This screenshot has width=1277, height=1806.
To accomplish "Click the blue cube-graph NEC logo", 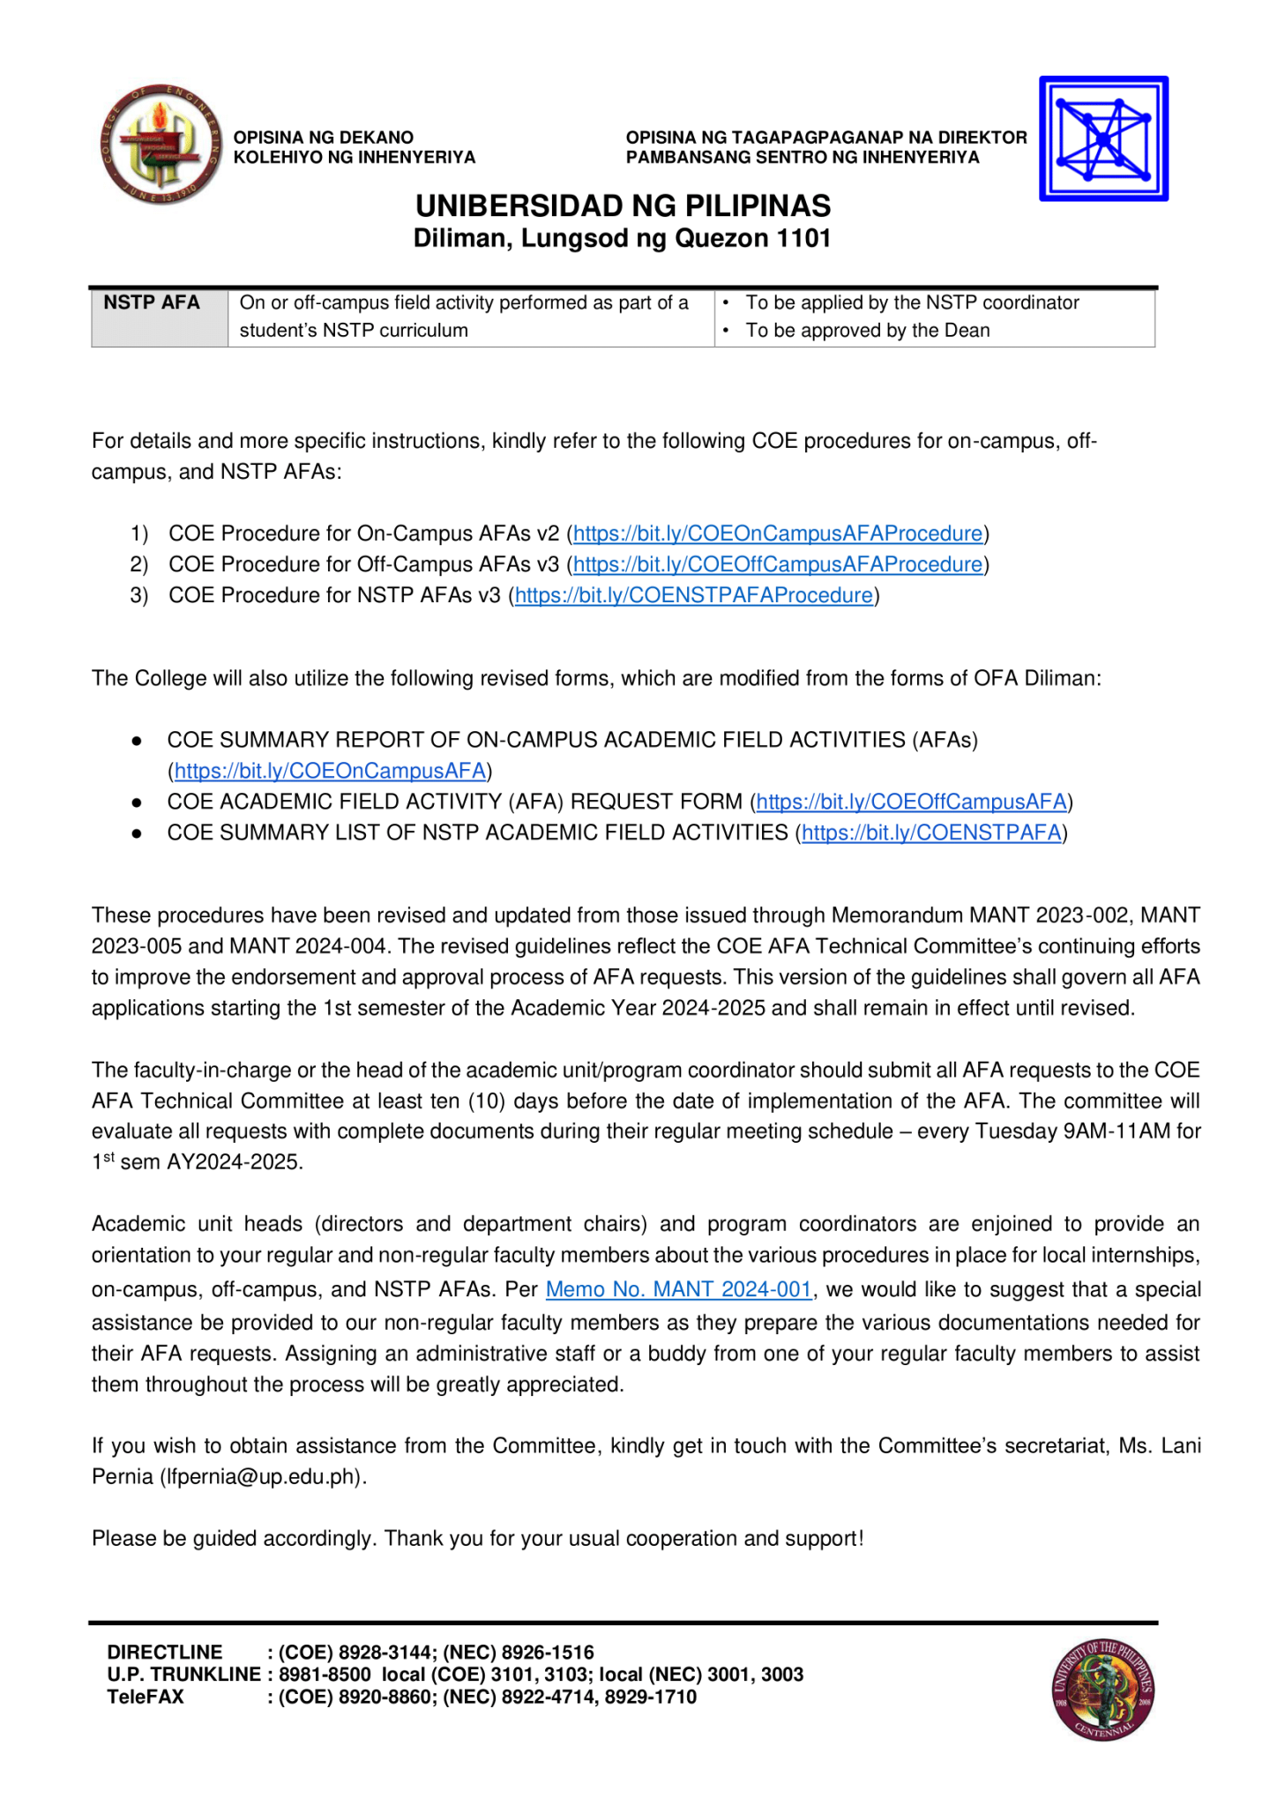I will (1103, 139).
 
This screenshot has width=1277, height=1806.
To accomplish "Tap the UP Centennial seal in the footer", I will (1103, 1690).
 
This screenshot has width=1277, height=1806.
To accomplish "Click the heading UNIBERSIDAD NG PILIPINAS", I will (623, 206).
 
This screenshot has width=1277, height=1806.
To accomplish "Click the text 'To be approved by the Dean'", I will (867, 331).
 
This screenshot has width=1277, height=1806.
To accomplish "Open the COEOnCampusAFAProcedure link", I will (777, 534).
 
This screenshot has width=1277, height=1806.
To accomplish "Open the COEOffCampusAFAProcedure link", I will (777, 564).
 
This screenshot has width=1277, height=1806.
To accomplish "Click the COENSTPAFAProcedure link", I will (693, 595).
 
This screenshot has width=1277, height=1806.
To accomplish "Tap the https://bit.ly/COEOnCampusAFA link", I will (330, 771).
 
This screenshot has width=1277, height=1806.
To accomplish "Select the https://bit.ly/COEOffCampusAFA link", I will (911, 802).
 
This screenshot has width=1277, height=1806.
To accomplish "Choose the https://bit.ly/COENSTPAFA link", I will (930, 832).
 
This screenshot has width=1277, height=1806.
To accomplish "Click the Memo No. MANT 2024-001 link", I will (678, 1289).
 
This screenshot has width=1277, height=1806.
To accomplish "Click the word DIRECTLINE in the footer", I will (165, 1652).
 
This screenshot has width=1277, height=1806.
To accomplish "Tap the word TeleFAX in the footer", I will (146, 1697).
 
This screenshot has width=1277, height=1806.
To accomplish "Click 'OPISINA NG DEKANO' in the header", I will (323, 138).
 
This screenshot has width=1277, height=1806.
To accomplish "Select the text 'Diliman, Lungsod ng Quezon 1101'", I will (623, 239).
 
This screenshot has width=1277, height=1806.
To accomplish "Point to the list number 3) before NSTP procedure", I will (138, 595).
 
